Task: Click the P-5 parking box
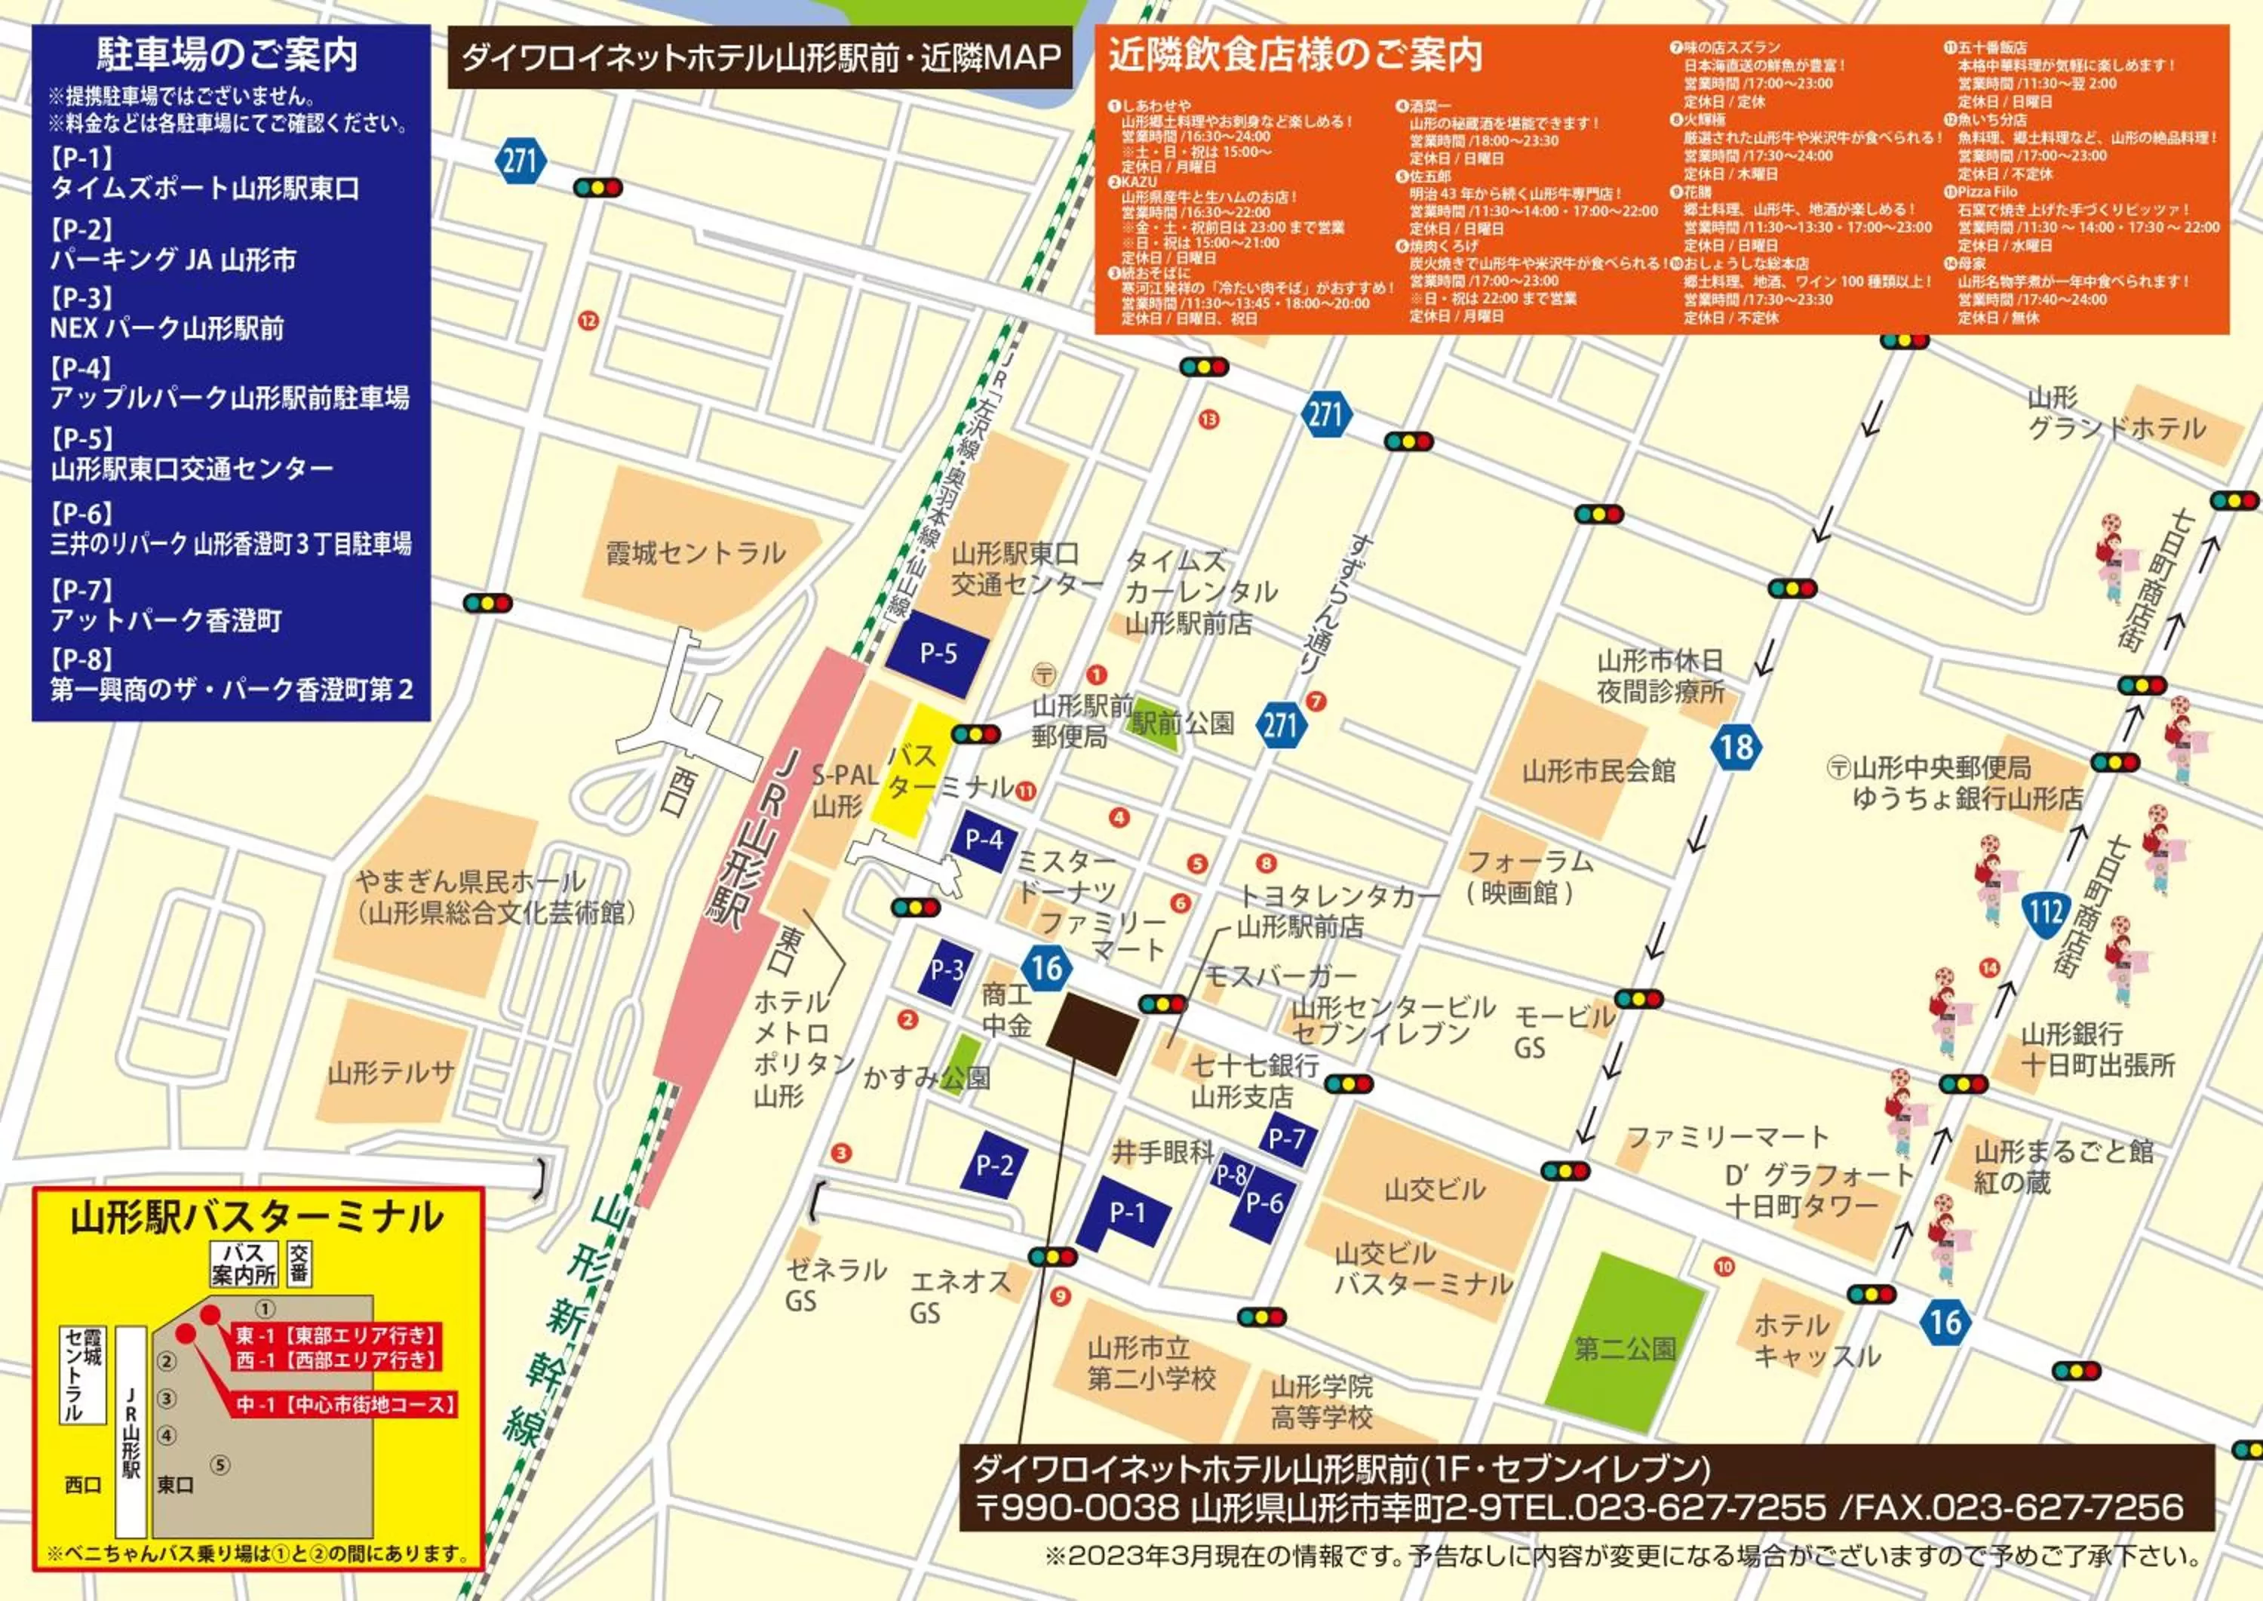point(938,653)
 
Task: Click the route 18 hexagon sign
point(1736,746)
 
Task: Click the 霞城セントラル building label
point(695,553)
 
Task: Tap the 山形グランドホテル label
point(2115,414)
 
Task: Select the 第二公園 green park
point(1624,1347)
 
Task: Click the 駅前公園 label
point(1183,723)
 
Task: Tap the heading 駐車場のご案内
point(228,54)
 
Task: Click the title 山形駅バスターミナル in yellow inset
point(257,1218)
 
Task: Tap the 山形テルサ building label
point(391,1071)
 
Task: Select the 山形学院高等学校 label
point(1321,1402)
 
